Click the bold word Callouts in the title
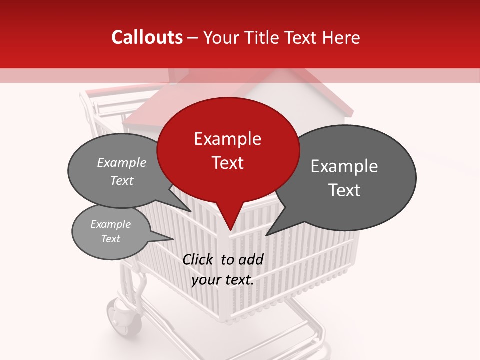tap(147, 38)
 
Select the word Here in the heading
tap(342, 38)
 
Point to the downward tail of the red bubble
tap(229, 220)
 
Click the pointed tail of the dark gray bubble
tap(277, 227)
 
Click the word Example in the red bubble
tap(227, 139)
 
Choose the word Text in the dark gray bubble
tap(344, 190)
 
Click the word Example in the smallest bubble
tap(111, 224)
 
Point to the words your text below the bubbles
tap(223, 280)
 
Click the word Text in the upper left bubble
tap(122, 180)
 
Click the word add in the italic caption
tap(251, 259)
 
